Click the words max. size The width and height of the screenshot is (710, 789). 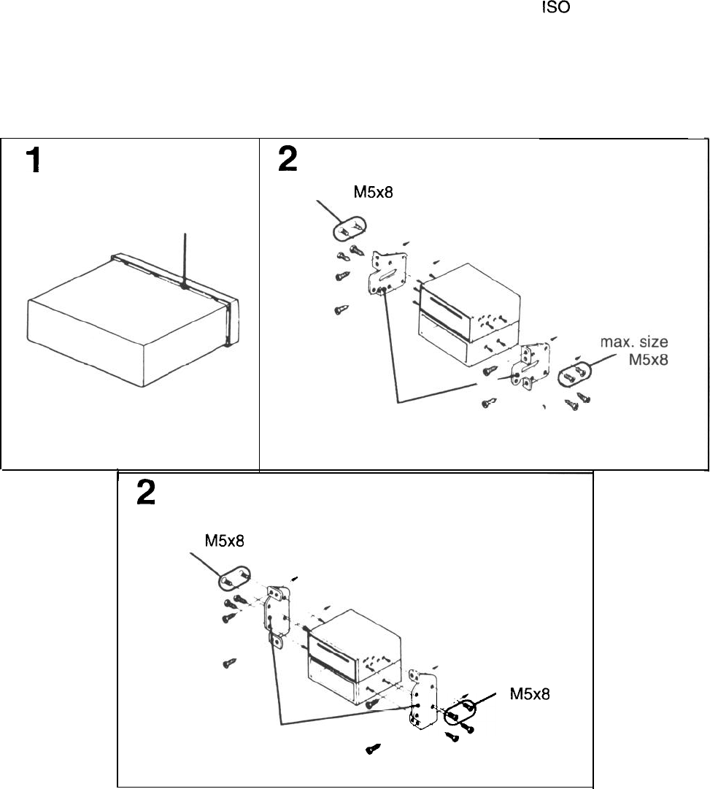[x=634, y=342]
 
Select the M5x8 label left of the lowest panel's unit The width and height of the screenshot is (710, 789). [x=224, y=542]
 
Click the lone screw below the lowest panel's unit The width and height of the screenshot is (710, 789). [x=374, y=748]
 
